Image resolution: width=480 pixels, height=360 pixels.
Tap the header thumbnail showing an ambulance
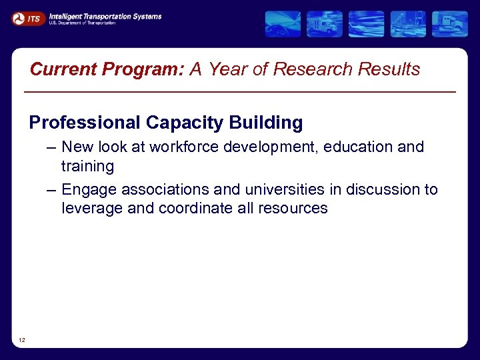click(x=325, y=24)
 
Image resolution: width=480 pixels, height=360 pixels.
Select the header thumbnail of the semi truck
click(x=449, y=24)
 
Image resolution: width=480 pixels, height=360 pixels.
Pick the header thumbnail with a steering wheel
click(x=283, y=24)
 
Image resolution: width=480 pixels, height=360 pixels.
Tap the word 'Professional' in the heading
click(x=85, y=123)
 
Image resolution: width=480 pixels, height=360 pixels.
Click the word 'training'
click(x=87, y=165)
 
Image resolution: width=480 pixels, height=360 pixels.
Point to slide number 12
click(x=22, y=341)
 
